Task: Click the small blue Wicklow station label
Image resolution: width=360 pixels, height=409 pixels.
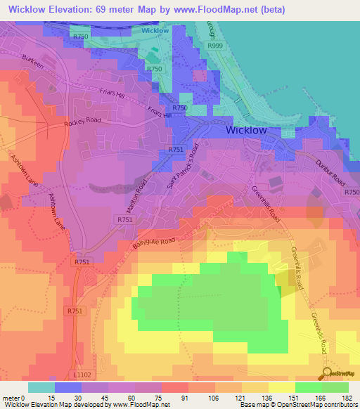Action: click(155, 31)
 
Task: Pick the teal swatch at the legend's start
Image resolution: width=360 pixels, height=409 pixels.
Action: click(41, 387)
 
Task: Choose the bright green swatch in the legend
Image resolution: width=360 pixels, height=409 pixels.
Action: click(308, 387)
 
